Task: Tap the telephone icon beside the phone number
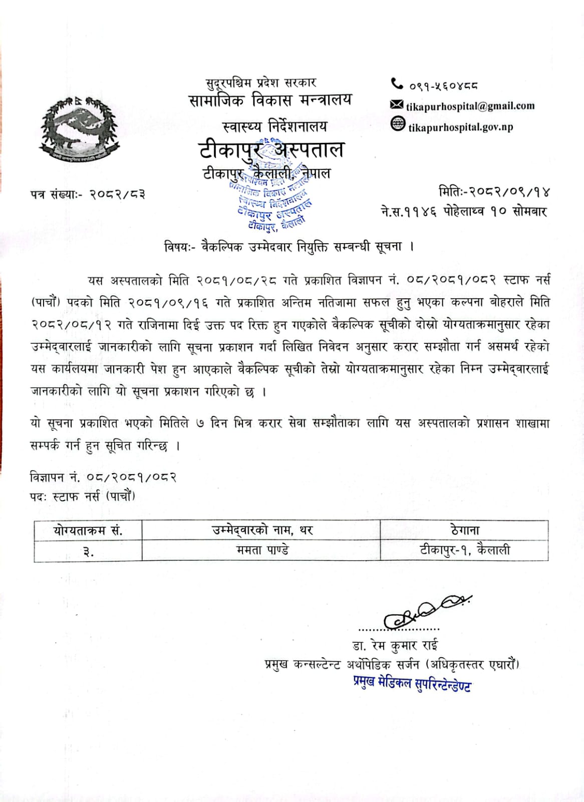tap(397, 84)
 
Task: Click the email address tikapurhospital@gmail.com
tap(470, 106)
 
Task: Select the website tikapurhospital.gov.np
tap(460, 127)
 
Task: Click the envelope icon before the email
tap(397, 105)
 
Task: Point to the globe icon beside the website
tap(398, 124)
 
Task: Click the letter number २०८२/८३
tap(118, 194)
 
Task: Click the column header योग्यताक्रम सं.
tap(88, 530)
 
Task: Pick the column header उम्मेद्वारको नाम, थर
tap(262, 530)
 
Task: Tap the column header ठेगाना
tap(465, 530)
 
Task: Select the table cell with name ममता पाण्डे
tap(262, 550)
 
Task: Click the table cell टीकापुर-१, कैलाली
tap(465, 550)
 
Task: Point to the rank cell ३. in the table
tap(88, 551)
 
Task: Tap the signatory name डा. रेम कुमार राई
tap(395, 645)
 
